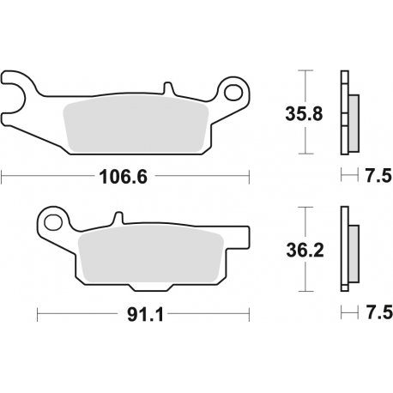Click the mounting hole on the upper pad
point(233,88)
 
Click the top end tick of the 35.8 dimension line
point(299,70)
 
